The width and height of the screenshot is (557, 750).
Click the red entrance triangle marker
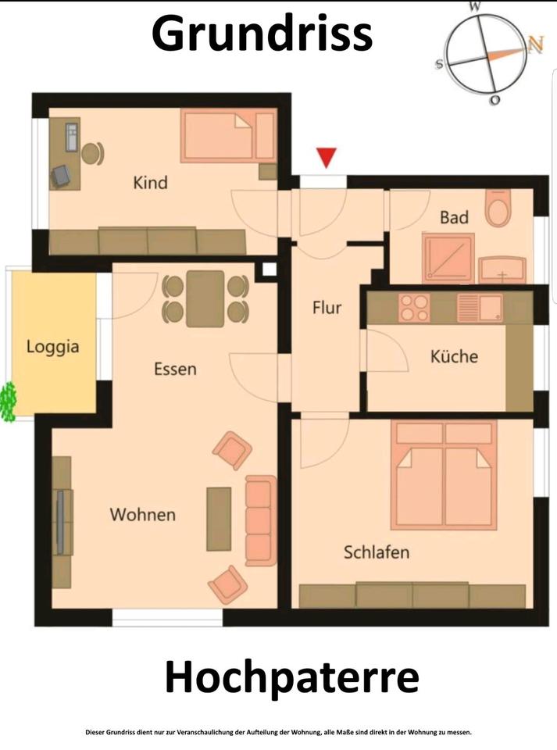tap(327, 157)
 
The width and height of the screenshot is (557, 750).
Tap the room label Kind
tap(150, 183)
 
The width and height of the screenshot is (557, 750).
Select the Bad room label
tap(454, 218)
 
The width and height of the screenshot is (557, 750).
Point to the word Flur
tap(327, 307)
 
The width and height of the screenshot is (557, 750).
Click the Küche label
tap(454, 356)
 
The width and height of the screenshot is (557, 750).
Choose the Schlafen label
tap(377, 552)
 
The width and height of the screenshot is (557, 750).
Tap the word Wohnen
tap(142, 515)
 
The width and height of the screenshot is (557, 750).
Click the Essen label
tap(175, 370)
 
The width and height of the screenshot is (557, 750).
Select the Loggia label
tap(52, 347)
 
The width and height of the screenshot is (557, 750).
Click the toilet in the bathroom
tap(498, 208)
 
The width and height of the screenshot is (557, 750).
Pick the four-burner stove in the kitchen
tap(414, 308)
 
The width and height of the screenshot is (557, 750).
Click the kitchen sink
tap(480, 308)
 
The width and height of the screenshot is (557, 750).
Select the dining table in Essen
tap(205, 299)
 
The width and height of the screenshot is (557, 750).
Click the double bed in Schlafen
tap(445, 475)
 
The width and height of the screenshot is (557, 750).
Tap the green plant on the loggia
tap(8, 402)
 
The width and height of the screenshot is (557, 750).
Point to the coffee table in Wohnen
tap(219, 519)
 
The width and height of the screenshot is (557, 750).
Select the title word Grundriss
tap(262, 34)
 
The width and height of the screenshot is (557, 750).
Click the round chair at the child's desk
tap(92, 154)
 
